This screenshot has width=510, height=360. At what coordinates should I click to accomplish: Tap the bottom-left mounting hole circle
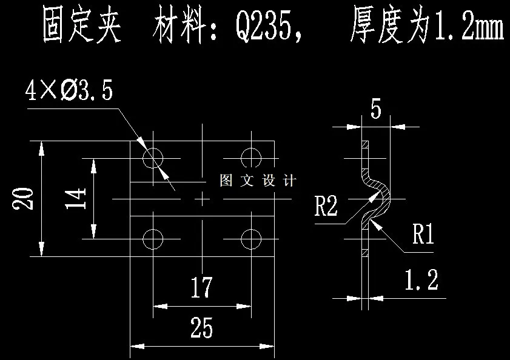click(x=153, y=239)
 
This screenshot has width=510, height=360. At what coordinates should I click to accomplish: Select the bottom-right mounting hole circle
click(x=251, y=239)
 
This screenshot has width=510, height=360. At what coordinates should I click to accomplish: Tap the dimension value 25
click(x=201, y=328)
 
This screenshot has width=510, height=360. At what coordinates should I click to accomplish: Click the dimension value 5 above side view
click(x=375, y=110)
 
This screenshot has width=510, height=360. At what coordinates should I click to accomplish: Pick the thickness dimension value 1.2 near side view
click(x=421, y=280)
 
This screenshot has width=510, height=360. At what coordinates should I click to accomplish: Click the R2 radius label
click(x=326, y=206)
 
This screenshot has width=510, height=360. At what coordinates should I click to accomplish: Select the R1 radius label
click(x=423, y=235)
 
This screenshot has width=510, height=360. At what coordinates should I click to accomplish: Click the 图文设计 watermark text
click(x=257, y=181)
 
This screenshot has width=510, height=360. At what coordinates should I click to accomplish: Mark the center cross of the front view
click(x=202, y=199)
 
